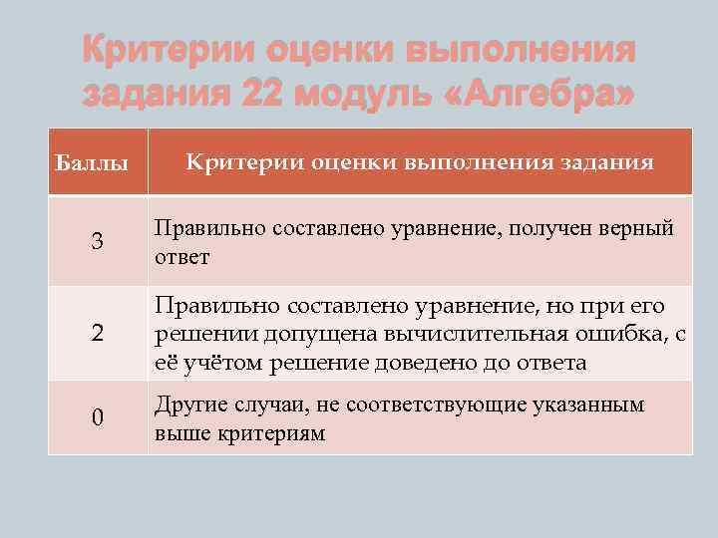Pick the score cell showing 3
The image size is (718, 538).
(x=97, y=242)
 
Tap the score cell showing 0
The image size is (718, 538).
(x=97, y=417)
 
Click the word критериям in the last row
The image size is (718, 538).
(x=268, y=433)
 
